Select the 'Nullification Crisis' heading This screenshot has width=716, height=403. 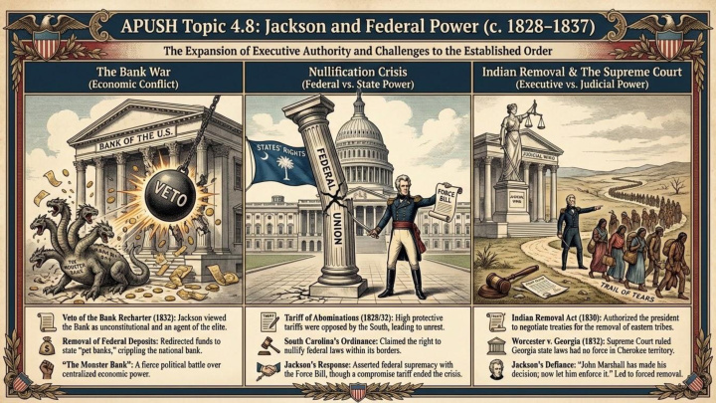(357, 73)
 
